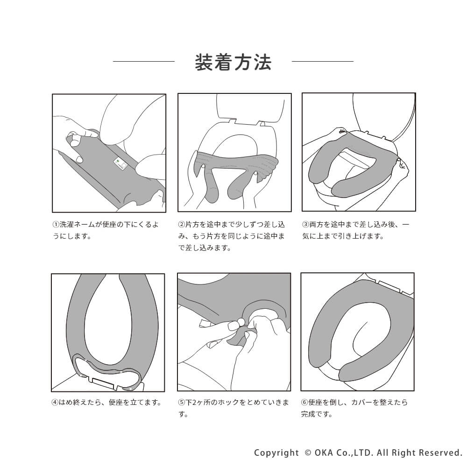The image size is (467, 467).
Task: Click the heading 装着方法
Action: click(x=233, y=63)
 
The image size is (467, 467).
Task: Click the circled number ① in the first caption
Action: click(x=56, y=225)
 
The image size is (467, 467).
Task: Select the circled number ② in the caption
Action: click(x=181, y=225)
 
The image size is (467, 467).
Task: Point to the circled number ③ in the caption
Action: click(x=305, y=225)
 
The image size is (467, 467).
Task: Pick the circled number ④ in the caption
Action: click(x=55, y=403)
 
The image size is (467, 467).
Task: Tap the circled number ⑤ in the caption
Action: click(x=181, y=403)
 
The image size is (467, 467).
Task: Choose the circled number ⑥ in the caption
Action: click(x=304, y=403)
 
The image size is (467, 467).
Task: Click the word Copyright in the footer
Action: click(x=276, y=453)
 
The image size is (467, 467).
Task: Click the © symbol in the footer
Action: click(x=308, y=453)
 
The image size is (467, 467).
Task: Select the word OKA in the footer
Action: click(x=324, y=453)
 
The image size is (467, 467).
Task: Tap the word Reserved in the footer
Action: click(x=440, y=453)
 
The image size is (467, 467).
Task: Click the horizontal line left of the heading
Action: click(x=144, y=61)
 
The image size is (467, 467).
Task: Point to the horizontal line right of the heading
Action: click(x=323, y=61)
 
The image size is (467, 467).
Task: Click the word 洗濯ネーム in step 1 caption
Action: click(x=77, y=225)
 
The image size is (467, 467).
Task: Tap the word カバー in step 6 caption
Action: click(x=361, y=403)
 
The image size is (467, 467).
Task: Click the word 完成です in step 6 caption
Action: click(x=315, y=414)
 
